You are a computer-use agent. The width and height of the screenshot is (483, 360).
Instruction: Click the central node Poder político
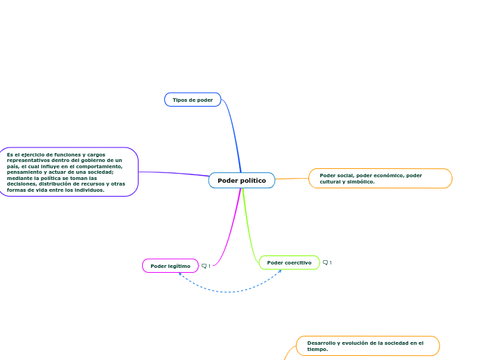click(242, 180)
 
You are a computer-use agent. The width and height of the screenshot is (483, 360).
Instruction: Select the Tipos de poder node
click(193, 100)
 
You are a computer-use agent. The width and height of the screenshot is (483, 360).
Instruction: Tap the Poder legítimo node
click(170, 266)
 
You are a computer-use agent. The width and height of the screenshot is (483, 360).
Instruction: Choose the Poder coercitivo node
click(289, 262)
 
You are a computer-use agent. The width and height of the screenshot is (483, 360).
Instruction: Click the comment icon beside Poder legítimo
click(204, 266)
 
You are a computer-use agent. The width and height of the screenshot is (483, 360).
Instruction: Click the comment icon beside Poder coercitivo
click(325, 262)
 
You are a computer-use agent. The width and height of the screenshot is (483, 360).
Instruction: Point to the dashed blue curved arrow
click(229, 291)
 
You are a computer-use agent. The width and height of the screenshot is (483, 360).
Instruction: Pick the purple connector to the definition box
click(174, 173)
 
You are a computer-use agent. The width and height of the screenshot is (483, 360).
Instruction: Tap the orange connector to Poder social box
click(292, 179)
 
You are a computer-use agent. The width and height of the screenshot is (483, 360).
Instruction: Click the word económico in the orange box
click(389, 176)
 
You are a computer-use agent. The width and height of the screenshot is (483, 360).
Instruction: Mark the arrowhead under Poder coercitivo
click(280, 271)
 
